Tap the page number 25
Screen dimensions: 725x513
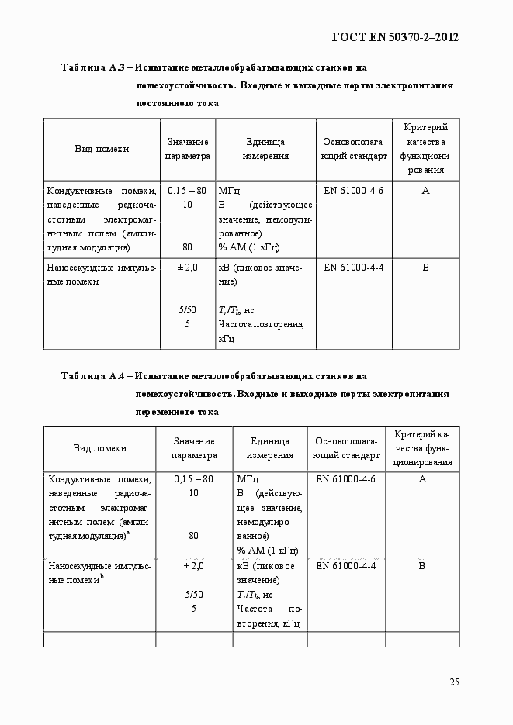click(454, 682)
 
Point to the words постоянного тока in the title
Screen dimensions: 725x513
click(177, 102)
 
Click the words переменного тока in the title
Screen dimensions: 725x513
click(177, 412)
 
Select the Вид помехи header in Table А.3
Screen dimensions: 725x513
click(102, 149)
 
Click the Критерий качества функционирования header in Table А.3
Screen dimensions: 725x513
click(425, 149)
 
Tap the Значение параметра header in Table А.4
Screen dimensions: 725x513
click(194, 449)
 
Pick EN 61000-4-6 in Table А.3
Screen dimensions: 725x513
click(353, 191)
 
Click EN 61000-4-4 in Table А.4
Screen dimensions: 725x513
click(346, 566)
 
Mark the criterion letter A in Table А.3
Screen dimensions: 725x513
click(425, 191)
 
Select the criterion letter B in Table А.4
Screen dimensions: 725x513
click(422, 566)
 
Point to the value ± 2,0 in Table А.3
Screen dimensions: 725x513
click(187, 268)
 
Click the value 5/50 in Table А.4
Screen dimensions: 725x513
click(193, 595)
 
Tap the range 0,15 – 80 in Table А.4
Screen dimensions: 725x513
click(193, 479)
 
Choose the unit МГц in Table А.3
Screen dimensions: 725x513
click(230, 191)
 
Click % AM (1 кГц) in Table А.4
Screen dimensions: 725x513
click(268, 551)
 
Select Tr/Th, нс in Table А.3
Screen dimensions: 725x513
click(237, 310)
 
